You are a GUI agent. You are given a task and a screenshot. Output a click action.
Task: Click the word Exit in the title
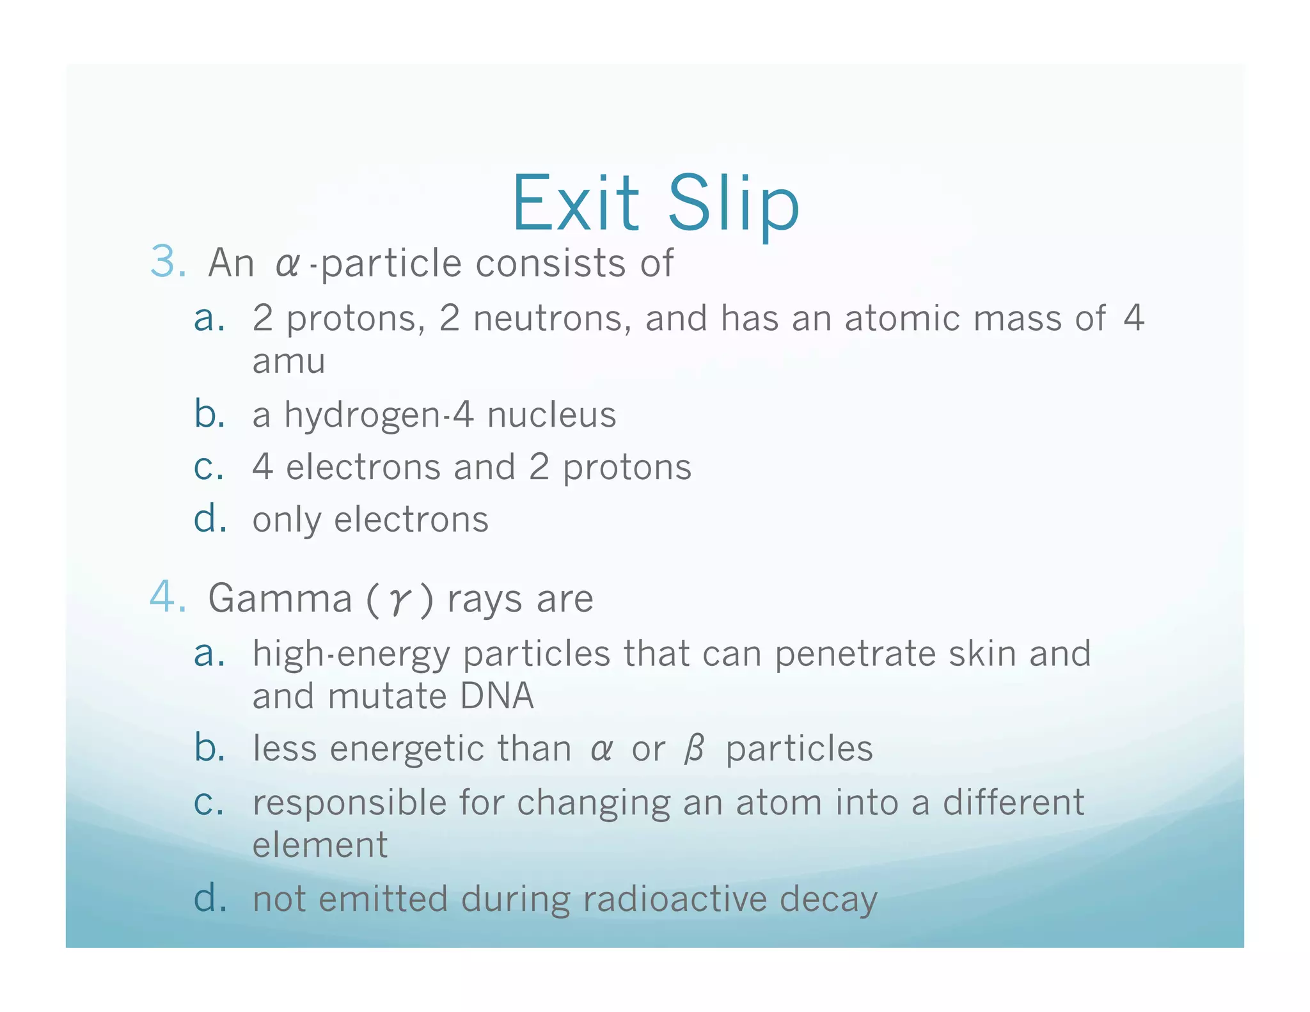pyautogui.click(x=575, y=203)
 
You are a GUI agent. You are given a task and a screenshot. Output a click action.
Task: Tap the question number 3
pyautogui.click(x=168, y=262)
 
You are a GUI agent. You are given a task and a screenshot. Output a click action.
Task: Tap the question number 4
pyautogui.click(x=168, y=597)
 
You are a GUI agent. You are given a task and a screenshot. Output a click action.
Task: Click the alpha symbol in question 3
pyautogui.click(x=287, y=264)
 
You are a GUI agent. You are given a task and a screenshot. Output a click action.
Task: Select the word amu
pyautogui.click(x=289, y=361)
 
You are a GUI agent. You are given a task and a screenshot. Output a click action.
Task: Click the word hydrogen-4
pyautogui.click(x=379, y=415)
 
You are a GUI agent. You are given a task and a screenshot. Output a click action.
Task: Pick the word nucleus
pyautogui.click(x=551, y=415)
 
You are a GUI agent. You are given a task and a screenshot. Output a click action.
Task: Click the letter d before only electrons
pyautogui.click(x=210, y=518)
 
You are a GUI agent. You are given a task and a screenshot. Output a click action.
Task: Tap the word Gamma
pyautogui.click(x=280, y=599)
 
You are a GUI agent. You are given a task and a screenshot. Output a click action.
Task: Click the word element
pyautogui.click(x=320, y=845)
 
